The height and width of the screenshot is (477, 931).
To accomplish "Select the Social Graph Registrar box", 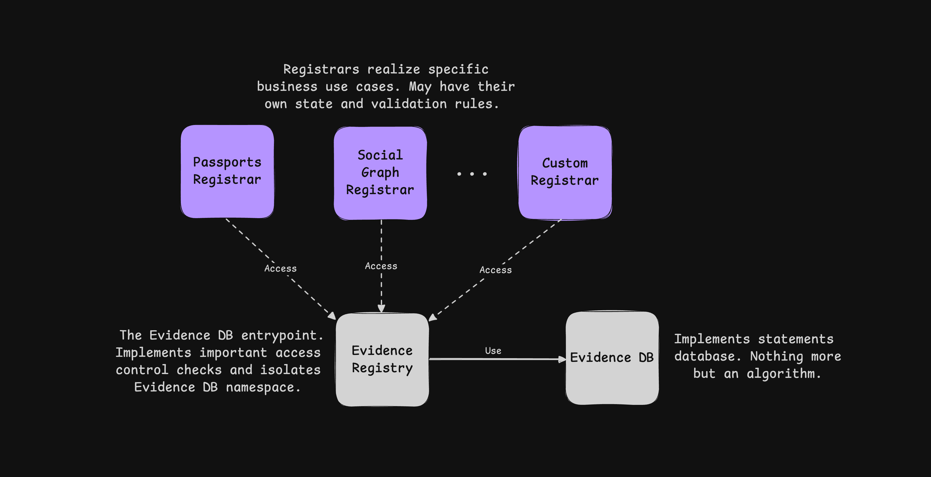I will click(x=380, y=173).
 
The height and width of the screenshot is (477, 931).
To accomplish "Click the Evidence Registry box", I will click(x=382, y=360).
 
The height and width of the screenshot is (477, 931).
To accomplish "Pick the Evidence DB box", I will click(x=612, y=358).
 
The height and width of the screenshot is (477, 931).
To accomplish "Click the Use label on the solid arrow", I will click(x=493, y=351).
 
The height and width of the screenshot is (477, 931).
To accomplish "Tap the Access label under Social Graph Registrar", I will click(x=381, y=266).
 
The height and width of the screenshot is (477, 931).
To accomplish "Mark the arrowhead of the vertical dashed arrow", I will click(x=381, y=308).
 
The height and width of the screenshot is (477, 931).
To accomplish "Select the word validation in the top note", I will click(x=409, y=104).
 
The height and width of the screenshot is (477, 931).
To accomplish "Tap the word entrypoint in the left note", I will click(x=282, y=335).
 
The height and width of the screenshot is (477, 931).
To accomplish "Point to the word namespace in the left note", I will click(x=263, y=387).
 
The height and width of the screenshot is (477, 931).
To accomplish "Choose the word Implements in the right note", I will click(x=712, y=339).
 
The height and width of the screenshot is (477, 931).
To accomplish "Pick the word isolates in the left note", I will click(x=290, y=370).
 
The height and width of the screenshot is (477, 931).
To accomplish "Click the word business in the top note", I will click(x=287, y=87).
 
